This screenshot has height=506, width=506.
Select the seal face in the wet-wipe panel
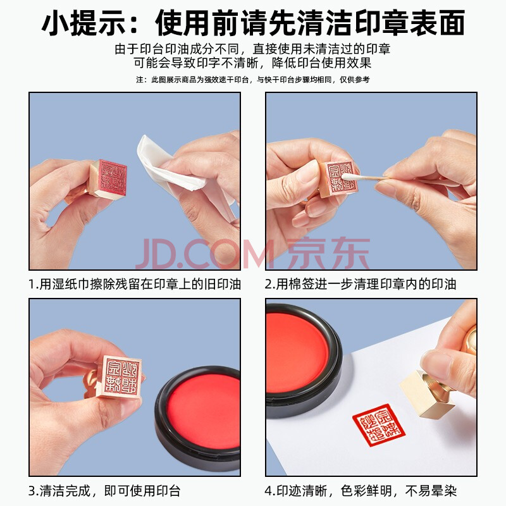(112, 177)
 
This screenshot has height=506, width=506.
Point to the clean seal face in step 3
(122, 376)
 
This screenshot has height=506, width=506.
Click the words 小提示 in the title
(83, 23)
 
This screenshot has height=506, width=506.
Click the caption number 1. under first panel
(34, 284)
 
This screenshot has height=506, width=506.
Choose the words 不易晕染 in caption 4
(431, 491)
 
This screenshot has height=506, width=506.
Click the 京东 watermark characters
(328, 254)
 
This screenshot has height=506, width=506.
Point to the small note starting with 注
(252, 80)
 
